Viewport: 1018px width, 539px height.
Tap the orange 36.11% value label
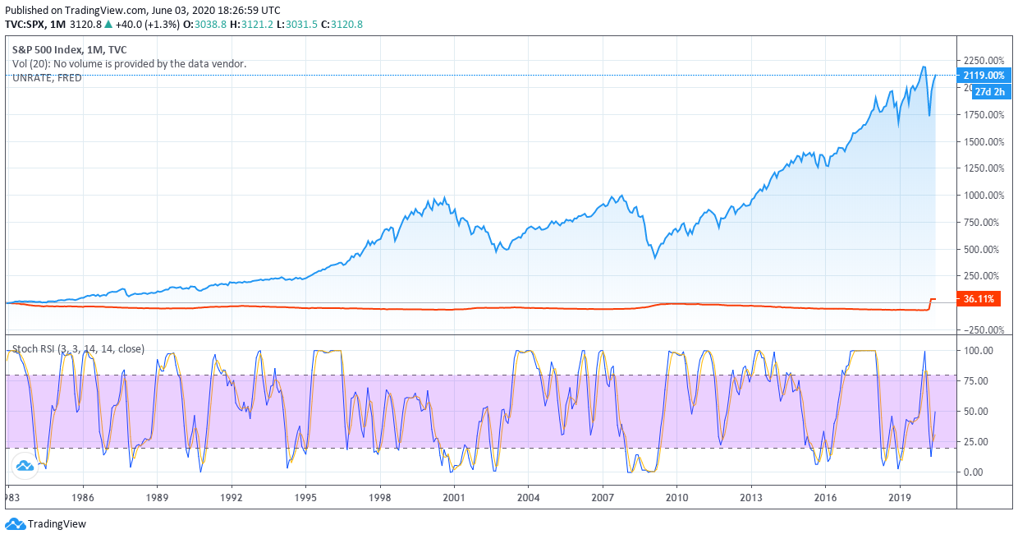click(x=978, y=299)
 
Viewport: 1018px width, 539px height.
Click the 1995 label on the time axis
click(x=305, y=497)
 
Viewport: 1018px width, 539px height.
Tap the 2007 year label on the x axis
click(x=603, y=497)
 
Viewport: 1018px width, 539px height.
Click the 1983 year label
click(x=11, y=497)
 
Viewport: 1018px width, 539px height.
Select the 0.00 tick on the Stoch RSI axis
click(x=973, y=472)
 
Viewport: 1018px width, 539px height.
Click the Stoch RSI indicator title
click(x=78, y=348)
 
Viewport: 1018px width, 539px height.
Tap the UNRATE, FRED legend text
click(x=47, y=77)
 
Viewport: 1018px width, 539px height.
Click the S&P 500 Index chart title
click(x=69, y=49)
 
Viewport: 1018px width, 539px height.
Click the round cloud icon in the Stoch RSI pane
click(x=25, y=466)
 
